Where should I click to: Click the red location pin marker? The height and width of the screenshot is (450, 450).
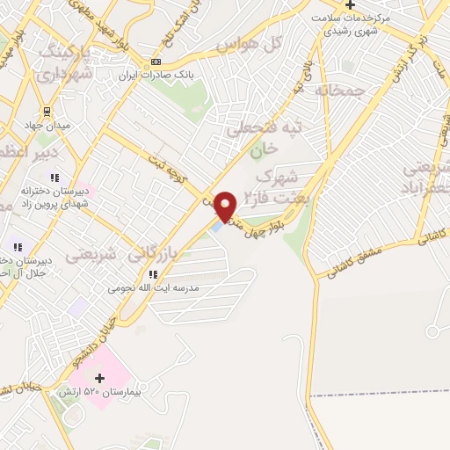pos(225,206)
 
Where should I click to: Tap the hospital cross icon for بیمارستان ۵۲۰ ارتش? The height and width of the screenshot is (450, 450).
pos(99,378)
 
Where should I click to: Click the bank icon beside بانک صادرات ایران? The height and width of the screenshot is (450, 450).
pos(156,62)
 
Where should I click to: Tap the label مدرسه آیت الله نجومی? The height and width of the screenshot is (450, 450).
pos(154,287)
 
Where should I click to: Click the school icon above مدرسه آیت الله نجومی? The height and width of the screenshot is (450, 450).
pos(154,274)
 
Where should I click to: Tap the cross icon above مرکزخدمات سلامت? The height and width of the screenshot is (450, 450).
pos(350,5)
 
